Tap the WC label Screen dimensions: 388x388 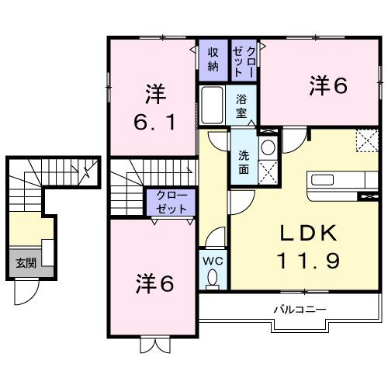(x=213, y=261)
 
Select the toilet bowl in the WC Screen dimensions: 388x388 (x=213, y=280)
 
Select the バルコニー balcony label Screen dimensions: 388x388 (x=299, y=310)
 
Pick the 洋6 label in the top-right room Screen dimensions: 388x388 (x=327, y=85)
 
